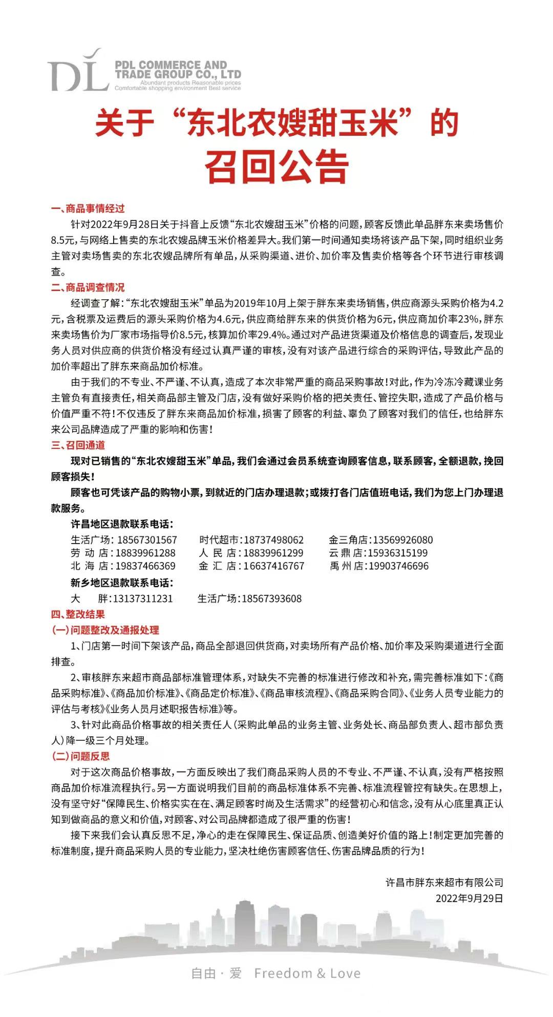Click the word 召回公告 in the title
pos(276,165)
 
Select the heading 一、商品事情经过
pos(88,209)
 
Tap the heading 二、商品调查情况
pos(88,287)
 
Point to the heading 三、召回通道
pos(78,445)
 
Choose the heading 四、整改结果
pos(78,614)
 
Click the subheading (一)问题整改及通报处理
pos(105,630)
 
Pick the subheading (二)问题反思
pos(81,756)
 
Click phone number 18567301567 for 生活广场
pos(147,540)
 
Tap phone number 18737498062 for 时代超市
pos(273,540)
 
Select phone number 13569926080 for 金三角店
pos(402,540)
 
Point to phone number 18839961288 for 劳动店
pos(145,553)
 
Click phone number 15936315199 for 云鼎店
pos(397,553)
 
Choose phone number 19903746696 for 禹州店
pos(398,566)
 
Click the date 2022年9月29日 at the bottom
pos(469,898)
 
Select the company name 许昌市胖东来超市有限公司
pos(444,882)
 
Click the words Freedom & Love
pos(307,973)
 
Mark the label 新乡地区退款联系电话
pos(122,583)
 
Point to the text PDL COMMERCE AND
pos(171,65)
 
